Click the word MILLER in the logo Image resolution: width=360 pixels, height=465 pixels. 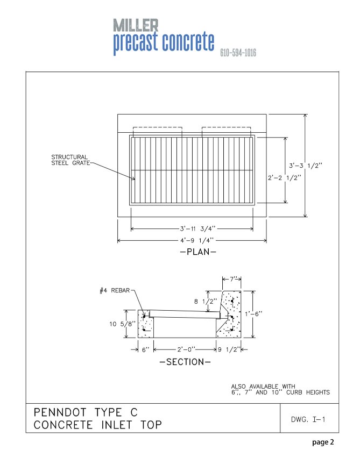coord(136,25)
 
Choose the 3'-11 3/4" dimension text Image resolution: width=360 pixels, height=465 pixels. coord(193,228)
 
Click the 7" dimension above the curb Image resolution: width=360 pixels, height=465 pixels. coord(232,280)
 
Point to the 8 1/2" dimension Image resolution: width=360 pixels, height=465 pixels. coord(206,301)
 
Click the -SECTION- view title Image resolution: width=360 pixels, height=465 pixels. coord(185,362)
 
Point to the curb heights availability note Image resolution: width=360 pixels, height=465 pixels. coord(280,389)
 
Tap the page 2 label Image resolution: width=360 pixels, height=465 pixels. coord(323,443)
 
